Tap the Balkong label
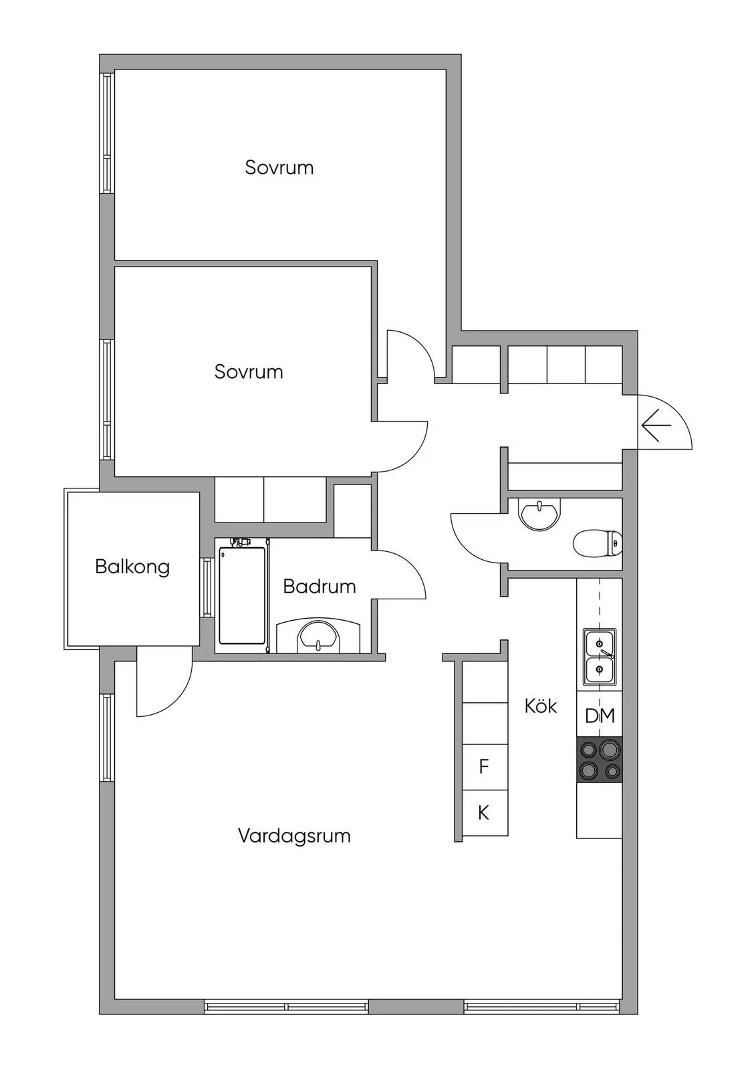(132, 567)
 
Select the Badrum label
(320, 587)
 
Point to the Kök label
(541, 706)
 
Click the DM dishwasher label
(600, 716)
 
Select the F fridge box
(484, 766)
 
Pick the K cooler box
(484, 812)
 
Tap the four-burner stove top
(600, 760)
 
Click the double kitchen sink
(600, 657)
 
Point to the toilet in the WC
(598, 544)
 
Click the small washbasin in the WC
(539, 514)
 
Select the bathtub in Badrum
(242, 595)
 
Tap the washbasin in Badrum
(318, 635)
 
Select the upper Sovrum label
(279, 168)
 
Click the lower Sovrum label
(249, 371)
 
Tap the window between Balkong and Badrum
(207, 587)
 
